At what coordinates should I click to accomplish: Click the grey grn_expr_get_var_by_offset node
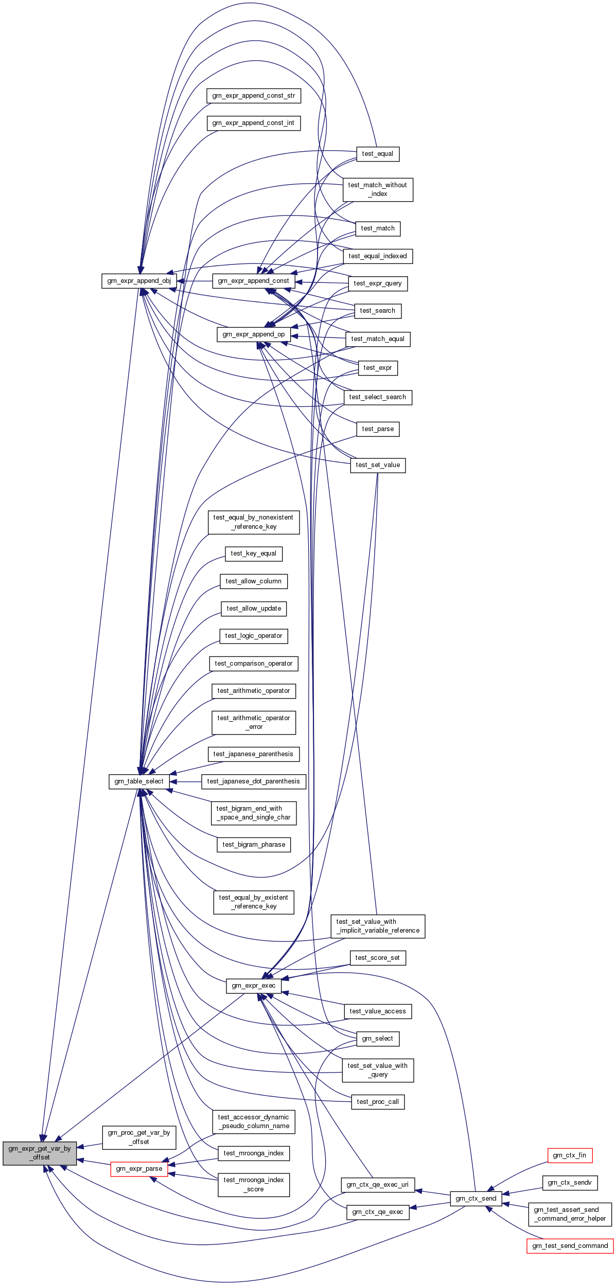pos(40,1153)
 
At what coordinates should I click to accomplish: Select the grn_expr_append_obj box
pos(139,281)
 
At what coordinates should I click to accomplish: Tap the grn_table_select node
pos(139,781)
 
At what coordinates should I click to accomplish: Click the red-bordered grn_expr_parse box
pos(139,1169)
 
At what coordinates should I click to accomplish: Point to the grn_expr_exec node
pos(254,986)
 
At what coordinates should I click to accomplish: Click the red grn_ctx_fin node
pos(570,1155)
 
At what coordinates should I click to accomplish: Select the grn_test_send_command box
pos(570,1246)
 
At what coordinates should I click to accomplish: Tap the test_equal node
pos(378,154)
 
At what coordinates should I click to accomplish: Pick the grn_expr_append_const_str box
pos(254,96)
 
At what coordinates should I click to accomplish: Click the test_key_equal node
pos(254,554)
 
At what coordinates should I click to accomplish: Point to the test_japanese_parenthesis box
pos(254,754)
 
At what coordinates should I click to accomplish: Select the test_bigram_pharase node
pos(254,845)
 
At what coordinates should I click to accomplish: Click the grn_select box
pos(378,1039)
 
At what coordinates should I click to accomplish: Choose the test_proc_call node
pos(378,1102)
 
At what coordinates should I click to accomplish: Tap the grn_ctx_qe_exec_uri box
pos(378,1185)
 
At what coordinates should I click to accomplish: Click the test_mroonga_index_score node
pos(254,1185)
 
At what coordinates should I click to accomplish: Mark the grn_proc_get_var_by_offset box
pos(139,1137)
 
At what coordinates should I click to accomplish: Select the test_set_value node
pos(378,465)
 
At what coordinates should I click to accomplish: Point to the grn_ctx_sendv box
pos(570,1183)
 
